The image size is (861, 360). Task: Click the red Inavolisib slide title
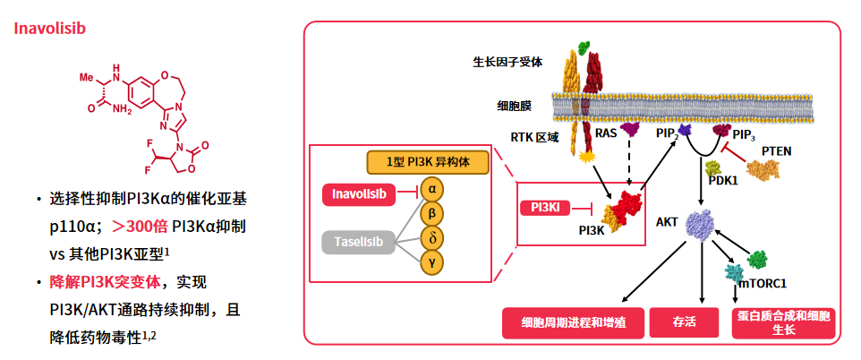(49, 28)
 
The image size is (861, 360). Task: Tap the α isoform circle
(432, 190)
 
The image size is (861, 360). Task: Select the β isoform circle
(432, 214)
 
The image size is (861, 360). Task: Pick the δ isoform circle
(432, 238)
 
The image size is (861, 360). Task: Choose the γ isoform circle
(432, 261)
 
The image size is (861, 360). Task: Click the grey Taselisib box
(358, 241)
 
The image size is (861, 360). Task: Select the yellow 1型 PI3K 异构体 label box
(428, 163)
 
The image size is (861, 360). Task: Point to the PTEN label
(776, 150)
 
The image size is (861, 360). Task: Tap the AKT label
(667, 220)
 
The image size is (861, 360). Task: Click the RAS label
(607, 134)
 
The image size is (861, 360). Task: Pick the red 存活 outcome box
(685, 322)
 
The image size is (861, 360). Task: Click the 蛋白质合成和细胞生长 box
(783, 322)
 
